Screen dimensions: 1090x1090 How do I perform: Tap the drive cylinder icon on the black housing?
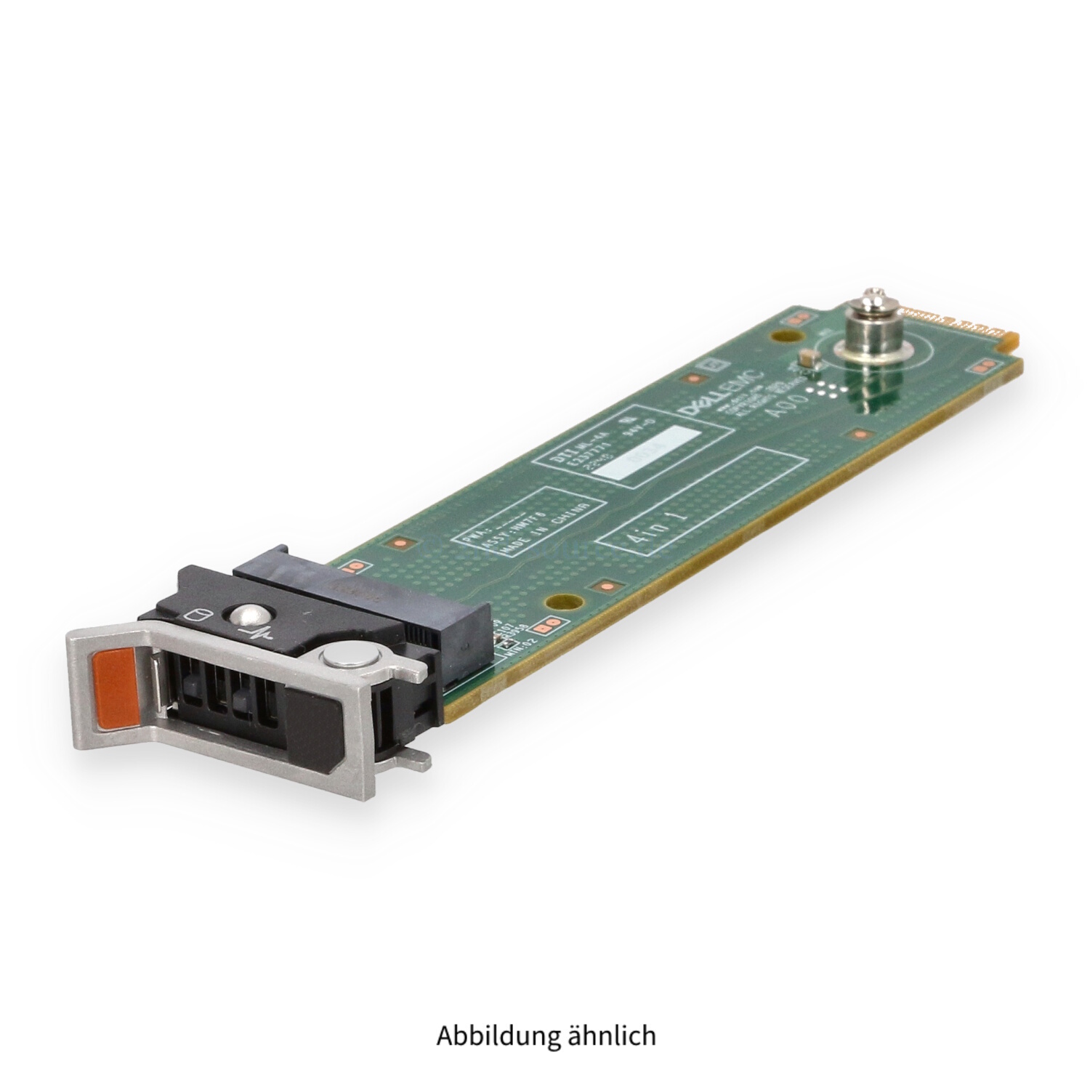click(193, 618)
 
